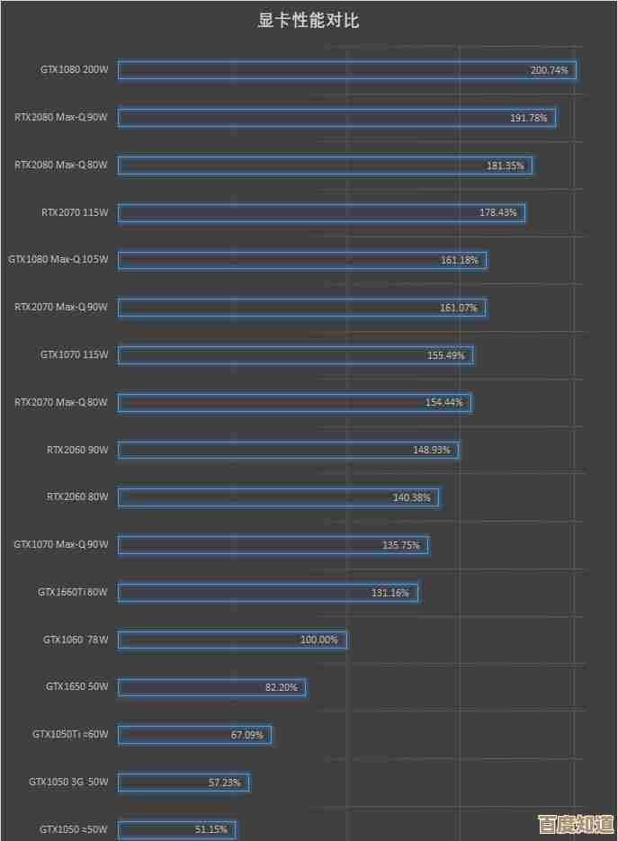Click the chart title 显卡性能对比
coord(309,21)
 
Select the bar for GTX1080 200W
coord(346,70)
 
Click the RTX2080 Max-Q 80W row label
coord(61,165)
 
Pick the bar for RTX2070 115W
coord(321,212)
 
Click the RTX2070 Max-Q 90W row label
coord(61,307)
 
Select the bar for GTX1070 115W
coord(295,355)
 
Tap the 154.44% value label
coord(444,402)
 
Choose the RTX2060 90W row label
coord(77,449)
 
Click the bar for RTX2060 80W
coord(278,497)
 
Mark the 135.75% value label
coord(401,544)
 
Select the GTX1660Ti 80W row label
coord(72,592)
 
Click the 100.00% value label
coord(318,640)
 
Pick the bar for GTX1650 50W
coord(211,687)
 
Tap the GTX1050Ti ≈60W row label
coord(70,734)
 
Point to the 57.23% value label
coord(224,783)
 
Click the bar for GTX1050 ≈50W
coord(176,829)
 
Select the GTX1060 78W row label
coord(76,640)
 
